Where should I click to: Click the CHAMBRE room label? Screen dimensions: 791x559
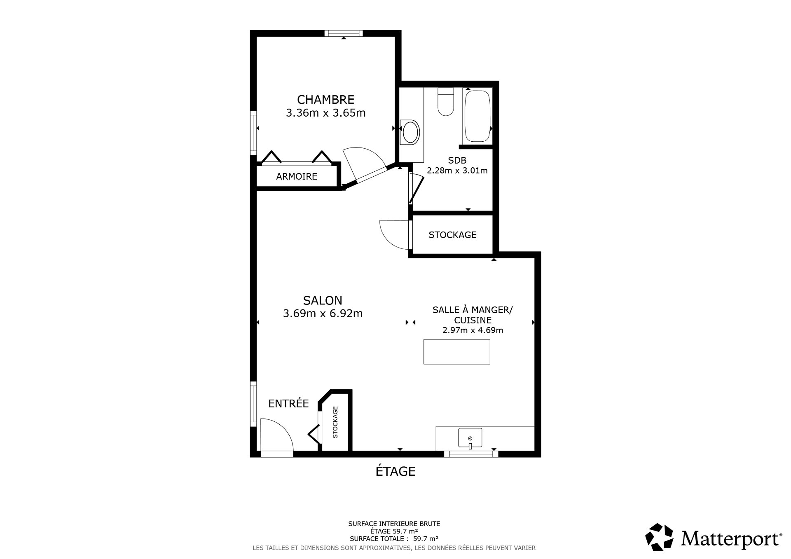click(x=325, y=100)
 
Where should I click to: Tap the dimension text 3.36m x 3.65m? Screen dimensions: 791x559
click(x=325, y=113)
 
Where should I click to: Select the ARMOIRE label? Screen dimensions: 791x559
click(x=297, y=176)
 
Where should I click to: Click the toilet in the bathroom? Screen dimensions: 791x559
click(x=445, y=101)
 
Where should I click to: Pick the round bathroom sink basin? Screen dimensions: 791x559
click(x=411, y=132)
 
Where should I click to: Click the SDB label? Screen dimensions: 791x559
click(x=457, y=160)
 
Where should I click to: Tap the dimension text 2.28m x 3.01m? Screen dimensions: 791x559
click(x=457, y=170)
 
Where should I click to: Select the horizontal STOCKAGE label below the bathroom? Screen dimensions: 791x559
click(x=452, y=235)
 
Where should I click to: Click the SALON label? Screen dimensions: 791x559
click(x=323, y=300)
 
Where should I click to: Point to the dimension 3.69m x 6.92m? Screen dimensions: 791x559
click(x=323, y=313)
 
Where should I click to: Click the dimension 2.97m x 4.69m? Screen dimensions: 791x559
click(x=473, y=330)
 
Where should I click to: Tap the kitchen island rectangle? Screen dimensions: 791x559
click(x=457, y=351)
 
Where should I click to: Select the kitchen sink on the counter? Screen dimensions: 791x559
click(x=470, y=438)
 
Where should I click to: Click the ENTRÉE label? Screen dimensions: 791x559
click(x=288, y=403)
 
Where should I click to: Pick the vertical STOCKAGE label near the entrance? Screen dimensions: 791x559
click(x=335, y=422)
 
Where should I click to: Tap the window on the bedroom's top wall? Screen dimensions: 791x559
click(x=344, y=33)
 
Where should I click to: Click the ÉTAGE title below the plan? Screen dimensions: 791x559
click(x=395, y=471)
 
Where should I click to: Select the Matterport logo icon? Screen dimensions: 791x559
click(x=659, y=537)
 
